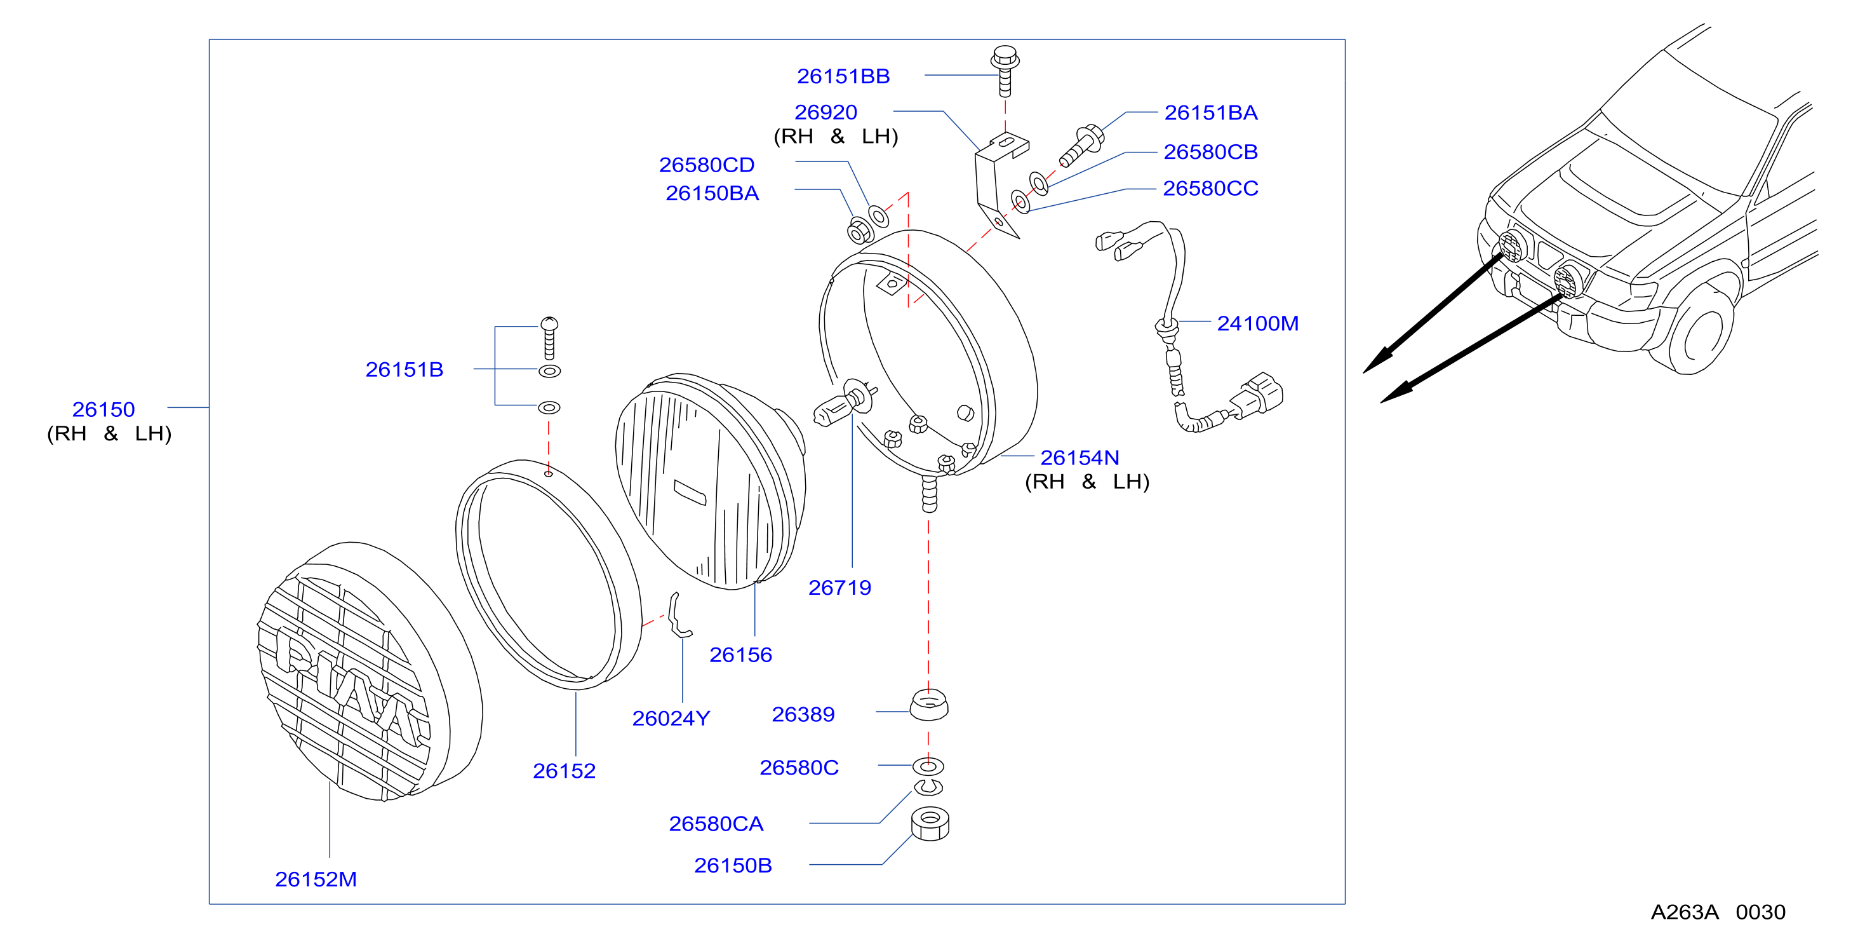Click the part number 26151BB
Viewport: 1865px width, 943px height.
pyautogui.click(x=843, y=76)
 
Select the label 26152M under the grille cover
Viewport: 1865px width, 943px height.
pyautogui.click(x=316, y=879)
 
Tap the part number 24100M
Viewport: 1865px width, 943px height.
pyautogui.click(x=1257, y=323)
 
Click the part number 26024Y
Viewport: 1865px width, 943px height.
pyautogui.click(x=671, y=718)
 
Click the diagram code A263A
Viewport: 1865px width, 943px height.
pyautogui.click(x=1684, y=912)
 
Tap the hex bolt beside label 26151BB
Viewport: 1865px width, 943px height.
pyautogui.click(x=1005, y=71)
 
